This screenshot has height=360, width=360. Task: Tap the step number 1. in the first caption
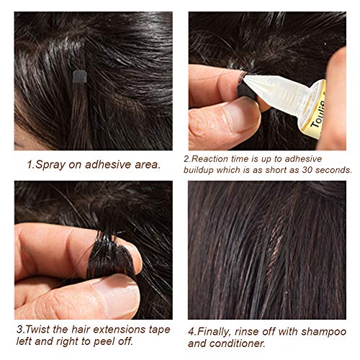pos(30,164)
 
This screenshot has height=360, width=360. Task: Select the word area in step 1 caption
pos(145,164)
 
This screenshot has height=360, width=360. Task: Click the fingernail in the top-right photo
pos(238,115)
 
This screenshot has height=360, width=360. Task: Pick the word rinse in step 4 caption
pos(253,332)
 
